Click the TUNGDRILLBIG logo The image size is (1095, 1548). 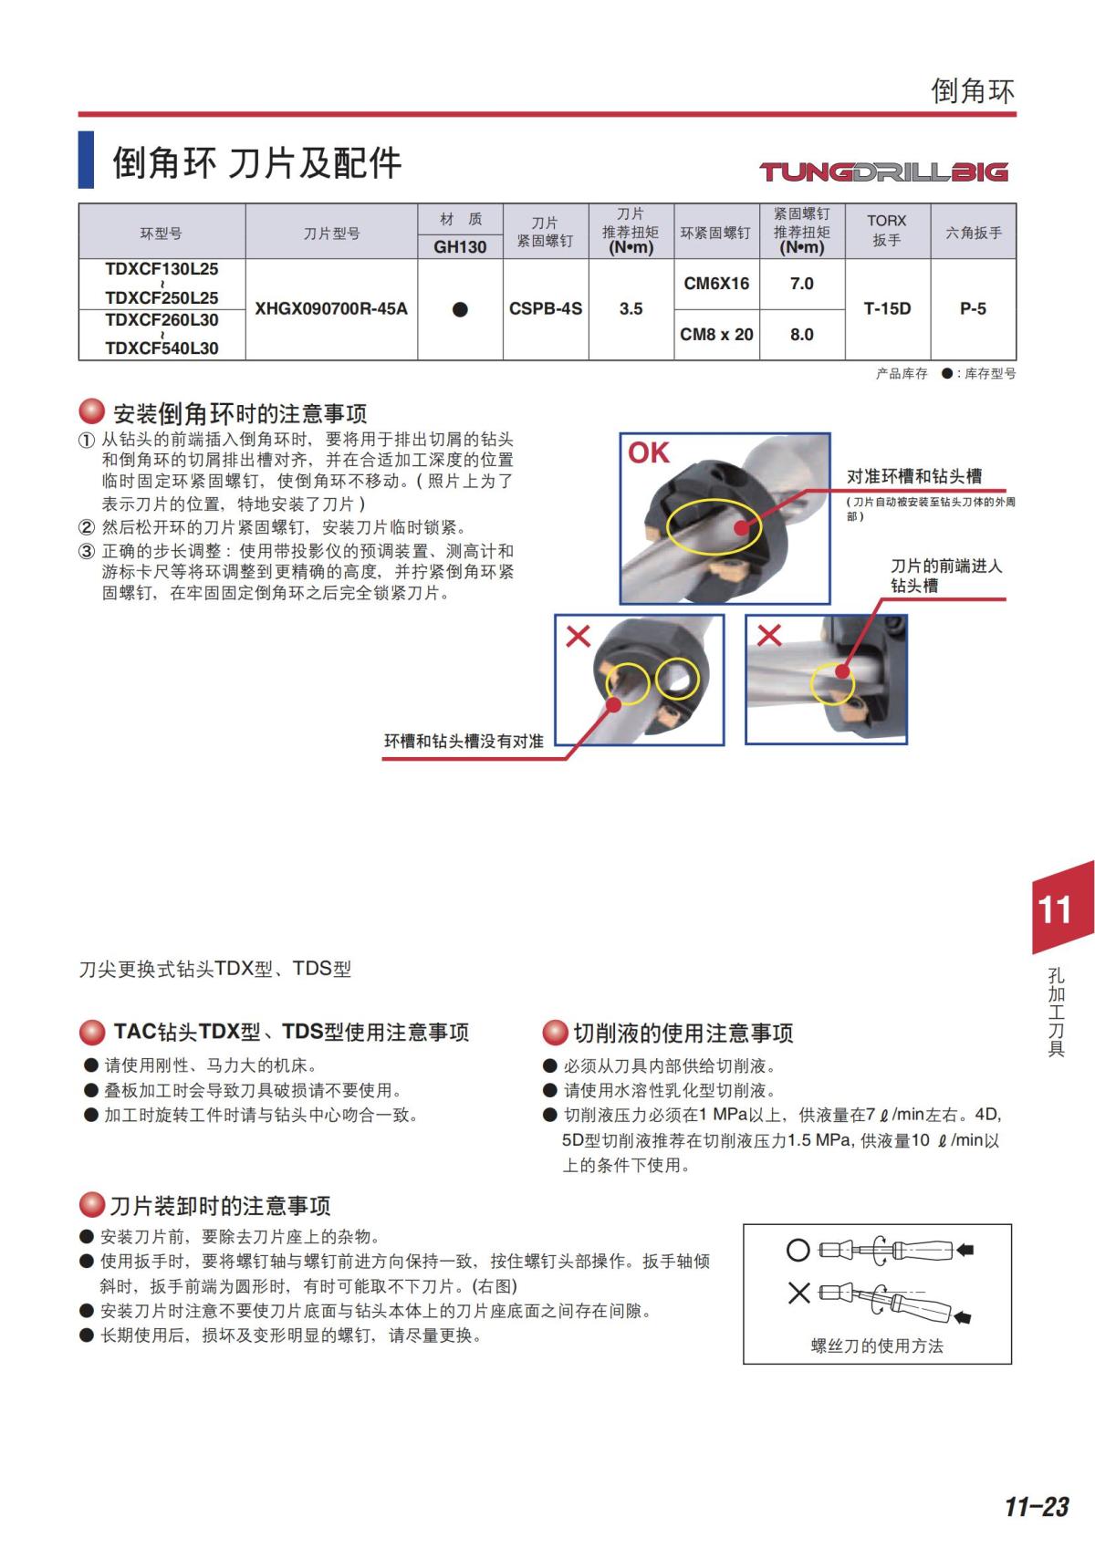883,171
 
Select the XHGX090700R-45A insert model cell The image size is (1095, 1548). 331,309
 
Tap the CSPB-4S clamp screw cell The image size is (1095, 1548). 545,309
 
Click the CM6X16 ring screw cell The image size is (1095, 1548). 716,284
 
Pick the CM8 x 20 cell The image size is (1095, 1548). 716,335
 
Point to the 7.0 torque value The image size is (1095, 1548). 801,284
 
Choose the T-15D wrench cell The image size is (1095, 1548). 887,309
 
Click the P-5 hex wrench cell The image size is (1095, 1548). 973,309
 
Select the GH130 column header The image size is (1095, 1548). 460,247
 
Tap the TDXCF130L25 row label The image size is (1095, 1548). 162,269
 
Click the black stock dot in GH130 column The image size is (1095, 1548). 460,310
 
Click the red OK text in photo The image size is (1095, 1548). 649,452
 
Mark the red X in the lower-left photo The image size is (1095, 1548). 578,636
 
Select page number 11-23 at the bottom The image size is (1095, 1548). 1036,1507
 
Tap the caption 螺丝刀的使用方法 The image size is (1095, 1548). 877,1346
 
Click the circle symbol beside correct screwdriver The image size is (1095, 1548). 798,1250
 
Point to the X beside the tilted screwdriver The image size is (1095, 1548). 798,1293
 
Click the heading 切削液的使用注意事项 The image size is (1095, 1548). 683,1033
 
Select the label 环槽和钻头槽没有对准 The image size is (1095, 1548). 464,741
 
